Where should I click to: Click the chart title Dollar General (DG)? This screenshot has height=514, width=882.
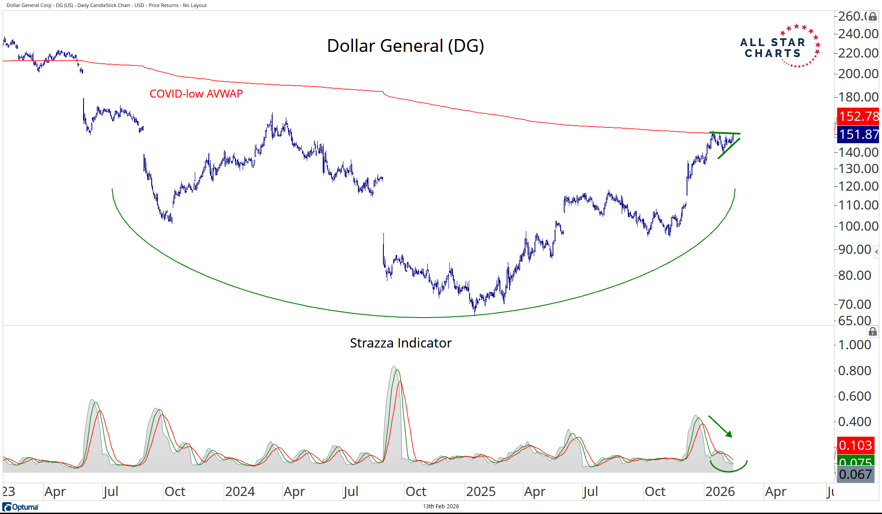point(405,46)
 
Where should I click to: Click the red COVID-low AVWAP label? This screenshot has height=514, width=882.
point(196,94)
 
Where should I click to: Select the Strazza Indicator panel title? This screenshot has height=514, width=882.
point(401,343)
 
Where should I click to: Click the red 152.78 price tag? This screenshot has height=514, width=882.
point(858,116)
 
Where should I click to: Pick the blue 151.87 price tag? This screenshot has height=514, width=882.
point(858,134)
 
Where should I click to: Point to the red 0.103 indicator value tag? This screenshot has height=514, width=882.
point(855,445)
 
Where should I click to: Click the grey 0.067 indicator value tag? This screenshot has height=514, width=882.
point(855,474)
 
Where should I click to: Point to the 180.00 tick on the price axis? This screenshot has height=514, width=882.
point(858,97)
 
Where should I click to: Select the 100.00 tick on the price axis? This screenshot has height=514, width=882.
point(858,226)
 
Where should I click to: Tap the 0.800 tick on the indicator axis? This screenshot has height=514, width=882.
point(854,371)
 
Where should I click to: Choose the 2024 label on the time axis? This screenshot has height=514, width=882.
point(240,491)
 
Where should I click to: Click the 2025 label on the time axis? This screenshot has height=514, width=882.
point(481,491)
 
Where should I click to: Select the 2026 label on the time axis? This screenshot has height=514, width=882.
point(720,491)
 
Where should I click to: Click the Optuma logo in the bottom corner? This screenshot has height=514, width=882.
point(21,507)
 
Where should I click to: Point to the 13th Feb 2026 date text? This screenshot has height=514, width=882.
point(441,507)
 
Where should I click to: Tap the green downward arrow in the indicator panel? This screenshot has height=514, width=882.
point(721,427)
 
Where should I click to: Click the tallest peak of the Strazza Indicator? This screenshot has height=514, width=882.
point(394,367)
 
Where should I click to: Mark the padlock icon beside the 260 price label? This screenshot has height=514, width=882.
point(873,17)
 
